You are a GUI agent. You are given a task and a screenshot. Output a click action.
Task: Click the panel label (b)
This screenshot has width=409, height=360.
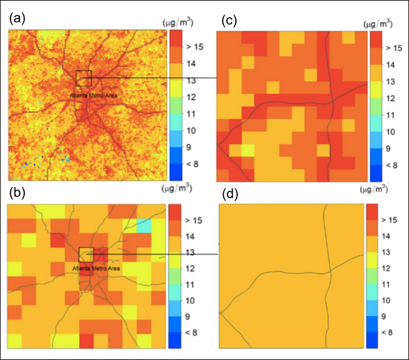17,193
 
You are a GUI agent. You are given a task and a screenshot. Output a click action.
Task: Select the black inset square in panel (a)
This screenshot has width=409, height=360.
84,78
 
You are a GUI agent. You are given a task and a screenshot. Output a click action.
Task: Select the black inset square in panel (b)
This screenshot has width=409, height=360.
86,255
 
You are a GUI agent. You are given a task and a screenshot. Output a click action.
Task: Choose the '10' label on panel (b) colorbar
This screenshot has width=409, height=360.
191,301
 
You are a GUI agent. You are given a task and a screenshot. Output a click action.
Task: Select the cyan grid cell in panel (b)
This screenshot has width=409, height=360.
143,225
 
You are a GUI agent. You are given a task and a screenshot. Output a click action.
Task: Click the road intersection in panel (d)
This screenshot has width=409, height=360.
329,272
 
